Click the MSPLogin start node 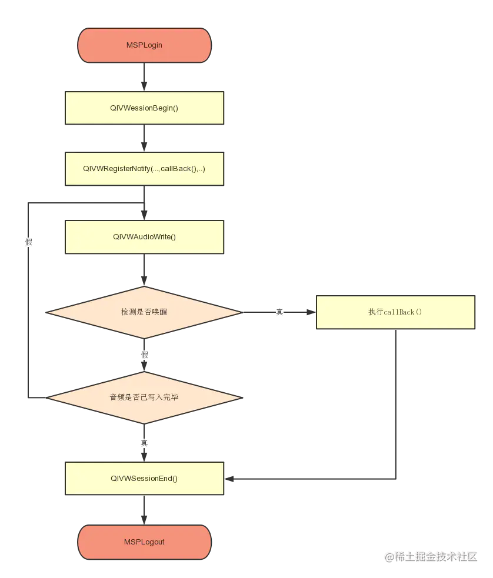[144, 45]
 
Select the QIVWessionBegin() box [144, 108]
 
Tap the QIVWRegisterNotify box [144, 169]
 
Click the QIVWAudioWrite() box [144, 237]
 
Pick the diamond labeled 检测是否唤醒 [144, 312]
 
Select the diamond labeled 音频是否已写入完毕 [144, 397]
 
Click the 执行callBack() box [395, 312]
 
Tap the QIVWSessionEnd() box [144, 478]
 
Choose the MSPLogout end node [144, 542]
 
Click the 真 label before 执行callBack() [279, 312]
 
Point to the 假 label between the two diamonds [144, 355]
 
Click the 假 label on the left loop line [28, 242]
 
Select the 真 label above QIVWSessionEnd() [144, 443]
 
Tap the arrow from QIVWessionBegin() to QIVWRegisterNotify [144, 139]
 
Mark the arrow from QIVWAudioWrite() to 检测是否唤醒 [144, 270]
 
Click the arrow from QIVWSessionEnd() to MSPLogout [144, 510]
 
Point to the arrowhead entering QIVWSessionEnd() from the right [229, 479]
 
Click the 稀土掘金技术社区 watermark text [430, 556]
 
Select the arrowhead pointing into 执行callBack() [311, 312]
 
